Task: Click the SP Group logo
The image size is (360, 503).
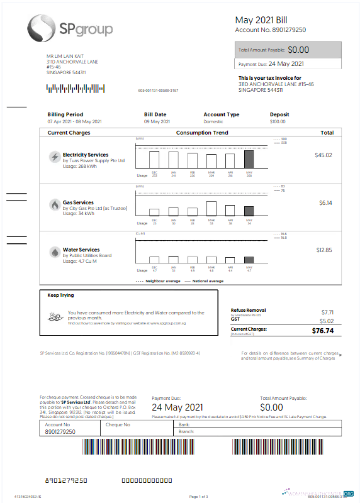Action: pos(70,28)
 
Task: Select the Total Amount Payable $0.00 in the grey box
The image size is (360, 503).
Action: pos(298,49)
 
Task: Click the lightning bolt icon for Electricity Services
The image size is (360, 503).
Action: pos(55,157)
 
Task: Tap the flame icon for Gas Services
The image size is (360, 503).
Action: pos(55,205)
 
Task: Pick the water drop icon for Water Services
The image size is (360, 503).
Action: pos(55,252)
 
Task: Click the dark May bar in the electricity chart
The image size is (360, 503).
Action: pos(249,159)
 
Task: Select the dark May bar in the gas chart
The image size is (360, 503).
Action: pos(249,211)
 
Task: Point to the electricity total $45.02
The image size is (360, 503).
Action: pos(323,155)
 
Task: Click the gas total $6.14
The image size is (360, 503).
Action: pos(325,202)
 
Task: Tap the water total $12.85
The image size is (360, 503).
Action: pos(324,250)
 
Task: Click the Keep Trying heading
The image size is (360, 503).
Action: pos(60,295)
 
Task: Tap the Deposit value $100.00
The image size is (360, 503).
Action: pos(278,121)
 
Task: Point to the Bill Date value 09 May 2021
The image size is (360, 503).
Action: pos(157,121)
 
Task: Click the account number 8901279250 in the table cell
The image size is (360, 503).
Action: pos(60,432)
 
